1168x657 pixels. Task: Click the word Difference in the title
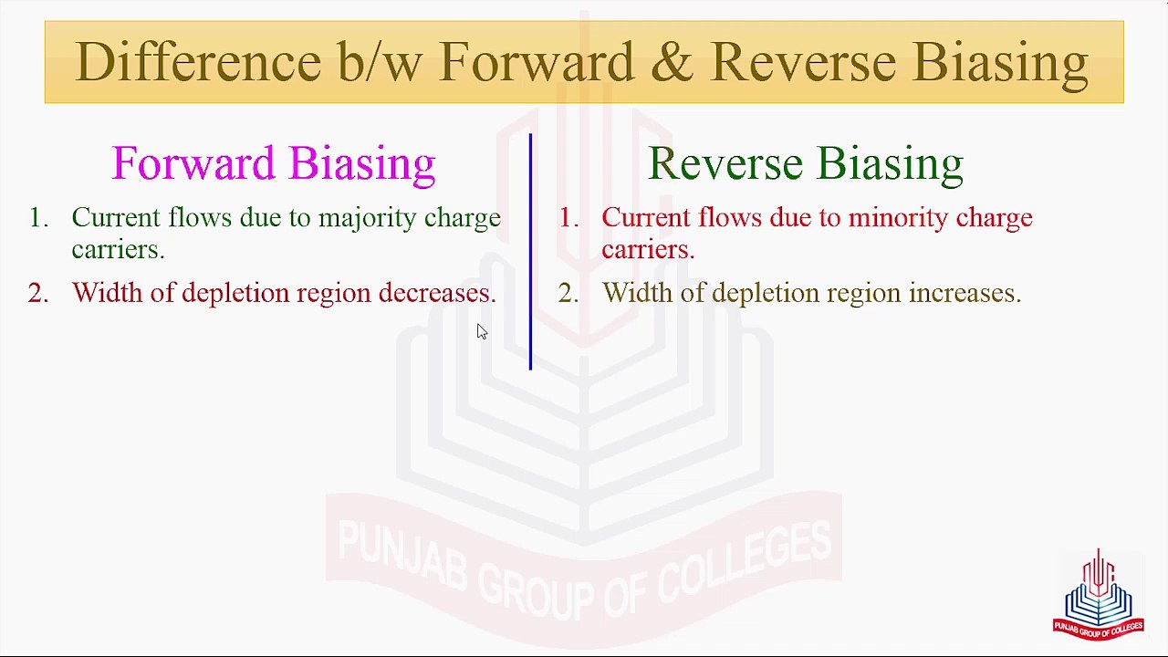(x=197, y=62)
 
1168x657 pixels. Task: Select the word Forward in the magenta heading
(x=193, y=163)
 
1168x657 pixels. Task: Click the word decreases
(x=437, y=293)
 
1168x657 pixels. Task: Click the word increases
(x=965, y=293)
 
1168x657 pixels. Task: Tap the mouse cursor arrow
(x=481, y=331)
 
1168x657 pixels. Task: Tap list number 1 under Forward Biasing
(x=37, y=218)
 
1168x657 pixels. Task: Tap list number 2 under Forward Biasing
(x=37, y=293)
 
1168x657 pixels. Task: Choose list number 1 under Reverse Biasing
(x=568, y=218)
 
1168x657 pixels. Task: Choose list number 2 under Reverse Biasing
(x=568, y=293)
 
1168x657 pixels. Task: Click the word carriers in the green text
(x=118, y=250)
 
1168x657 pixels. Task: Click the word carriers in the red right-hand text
(x=648, y=250)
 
